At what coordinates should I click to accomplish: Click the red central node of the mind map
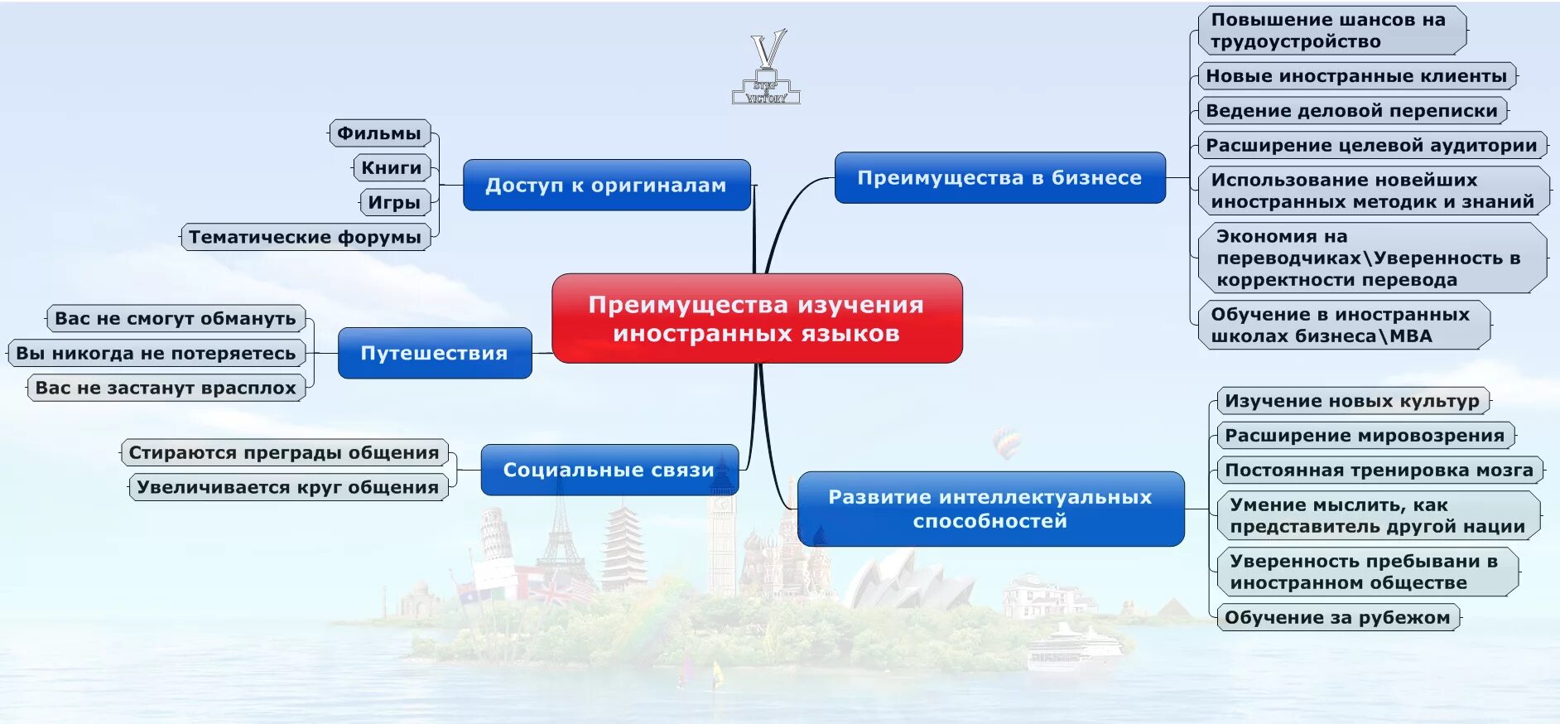click(756, 318)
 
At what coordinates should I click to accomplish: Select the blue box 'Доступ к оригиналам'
click(606, 185)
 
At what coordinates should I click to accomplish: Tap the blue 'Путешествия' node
click(435, 353)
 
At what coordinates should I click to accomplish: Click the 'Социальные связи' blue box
click(609, 470)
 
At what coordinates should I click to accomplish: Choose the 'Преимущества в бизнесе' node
click(999, 177)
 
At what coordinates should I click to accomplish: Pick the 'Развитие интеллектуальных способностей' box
click(990, 509)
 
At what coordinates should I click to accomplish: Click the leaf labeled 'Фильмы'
click(379, 133)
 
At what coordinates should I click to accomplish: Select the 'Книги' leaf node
click(392, 167)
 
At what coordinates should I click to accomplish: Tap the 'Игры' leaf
click(394, 202)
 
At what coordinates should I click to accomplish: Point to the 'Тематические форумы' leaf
click(305, 237)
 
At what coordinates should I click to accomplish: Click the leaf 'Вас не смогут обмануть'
click(176, 318)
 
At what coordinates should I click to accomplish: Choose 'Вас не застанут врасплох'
click(166, 388)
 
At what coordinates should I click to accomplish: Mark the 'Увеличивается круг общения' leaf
click(287, 487)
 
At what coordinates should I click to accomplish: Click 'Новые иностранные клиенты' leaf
click(1356, 75)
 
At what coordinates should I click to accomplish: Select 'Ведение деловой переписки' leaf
click(1351, 110)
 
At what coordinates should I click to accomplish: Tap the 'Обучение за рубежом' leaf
click(1337, 617)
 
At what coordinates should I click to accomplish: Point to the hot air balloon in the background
click(1006, 442)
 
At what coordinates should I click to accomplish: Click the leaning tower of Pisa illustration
click(496, 535)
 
